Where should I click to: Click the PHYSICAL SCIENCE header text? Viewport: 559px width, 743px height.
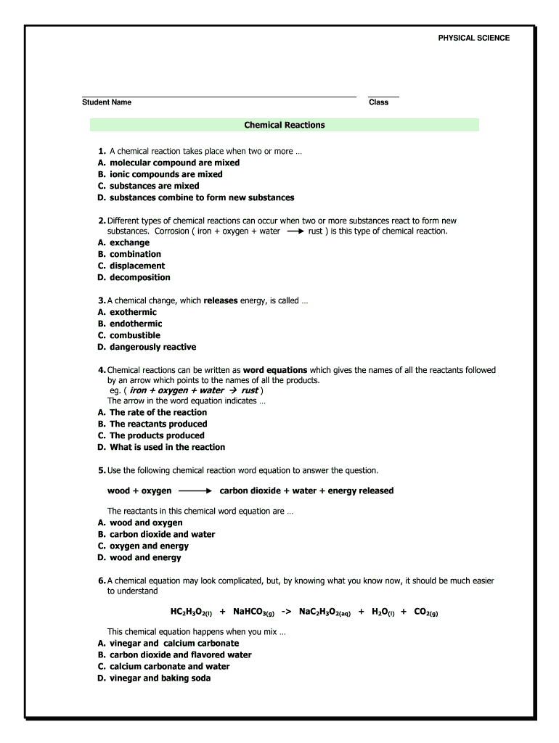pyautogui.click(x=473, y=38)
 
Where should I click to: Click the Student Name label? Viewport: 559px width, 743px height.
pyautogui.click(x=107, y=102)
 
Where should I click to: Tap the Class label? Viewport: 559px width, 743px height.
pyautogui.click(x=378, y=102)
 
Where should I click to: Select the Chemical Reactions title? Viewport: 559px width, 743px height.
pyautogui.click(x=285, y=125)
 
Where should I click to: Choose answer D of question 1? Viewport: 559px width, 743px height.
pyautogui.click(x=202, y=197)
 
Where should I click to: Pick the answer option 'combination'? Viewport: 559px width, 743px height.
pyautogui.click(x=135, y=254)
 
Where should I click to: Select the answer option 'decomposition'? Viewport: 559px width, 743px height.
pyautogui.click(x=140, y=277)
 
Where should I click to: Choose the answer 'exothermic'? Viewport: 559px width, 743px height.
pyautogui.click(x=133, y=312)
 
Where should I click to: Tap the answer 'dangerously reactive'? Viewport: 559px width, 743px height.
pyautogui.click(x=152, y=347)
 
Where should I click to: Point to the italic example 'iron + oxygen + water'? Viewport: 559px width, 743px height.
pyautogui.click(x=177, y=390)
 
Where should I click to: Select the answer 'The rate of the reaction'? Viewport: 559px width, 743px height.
pyautogui.click(x=158, y=412)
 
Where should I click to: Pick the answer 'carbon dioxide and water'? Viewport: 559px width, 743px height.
pyautogui.click(x=162, y=534)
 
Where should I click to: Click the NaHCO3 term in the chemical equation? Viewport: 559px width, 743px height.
pyautogui.click(x=253, y=612)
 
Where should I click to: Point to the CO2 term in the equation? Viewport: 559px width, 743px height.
pyautogui.click(x=425, y=612)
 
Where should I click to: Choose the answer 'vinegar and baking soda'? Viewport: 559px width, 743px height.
pyautogui.click(x=160, y=678)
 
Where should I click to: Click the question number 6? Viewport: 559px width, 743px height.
pyautogui.click(x=102, y=580)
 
